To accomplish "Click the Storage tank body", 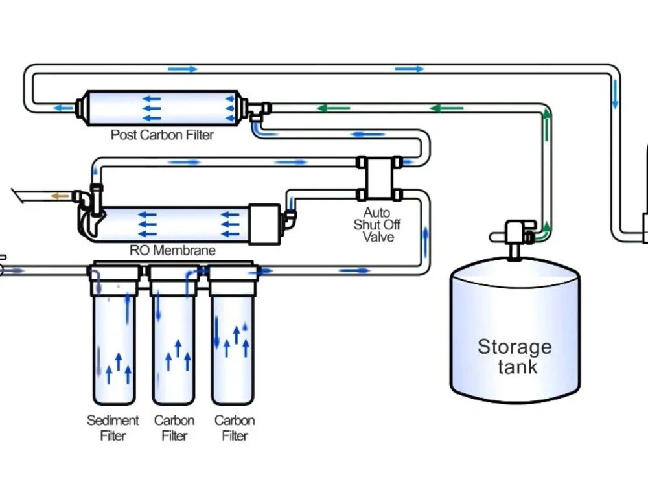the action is pos(515,330).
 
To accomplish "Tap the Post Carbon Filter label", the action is pos(162,135).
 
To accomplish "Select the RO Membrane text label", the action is pos(172,250).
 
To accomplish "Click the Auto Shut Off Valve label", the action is pos(377,225).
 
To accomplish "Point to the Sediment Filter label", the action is pos(113,428).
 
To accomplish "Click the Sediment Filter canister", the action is pos(114,335).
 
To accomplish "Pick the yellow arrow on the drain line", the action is pos(60,196).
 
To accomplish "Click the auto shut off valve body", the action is pos(379,178).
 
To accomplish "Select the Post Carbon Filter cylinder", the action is pos(163,108).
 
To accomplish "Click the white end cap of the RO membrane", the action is pos(264,224).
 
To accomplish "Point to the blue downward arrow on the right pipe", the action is pos(615,94).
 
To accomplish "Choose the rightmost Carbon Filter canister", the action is pos(233,335).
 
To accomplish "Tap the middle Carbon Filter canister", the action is pos(174,335).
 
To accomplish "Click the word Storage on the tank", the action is pos(515,347).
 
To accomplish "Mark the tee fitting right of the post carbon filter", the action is pos(259,111).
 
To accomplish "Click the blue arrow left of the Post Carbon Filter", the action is pos(64,108).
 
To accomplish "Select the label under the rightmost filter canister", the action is pos(235,428).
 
